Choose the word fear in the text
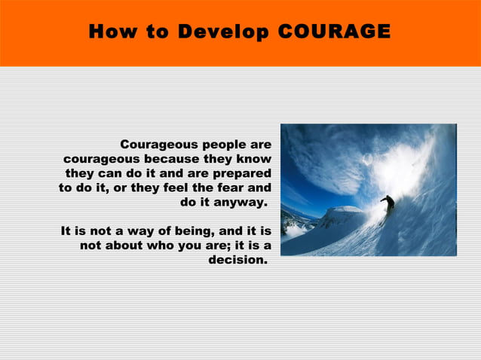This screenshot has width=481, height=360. tap(230, 188)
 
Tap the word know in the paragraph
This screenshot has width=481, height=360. tap(255, 159)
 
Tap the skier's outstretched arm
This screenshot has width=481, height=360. tap(381, 199)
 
